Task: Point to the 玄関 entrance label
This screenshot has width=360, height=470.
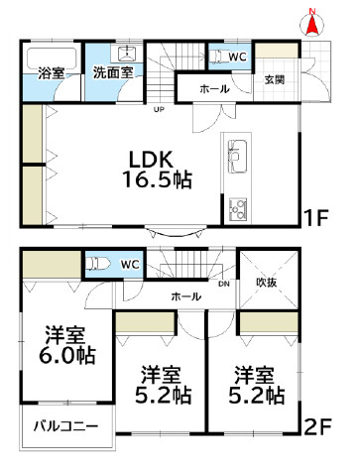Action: click(x=276, y=80)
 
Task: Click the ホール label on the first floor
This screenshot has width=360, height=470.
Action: click(x=214, y=89)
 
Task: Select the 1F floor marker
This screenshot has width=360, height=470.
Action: click(x=315, y=214)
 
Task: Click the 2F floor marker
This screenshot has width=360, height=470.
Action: click(x=316, y=427)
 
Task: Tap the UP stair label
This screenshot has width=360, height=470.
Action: click(x=158, y=110)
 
